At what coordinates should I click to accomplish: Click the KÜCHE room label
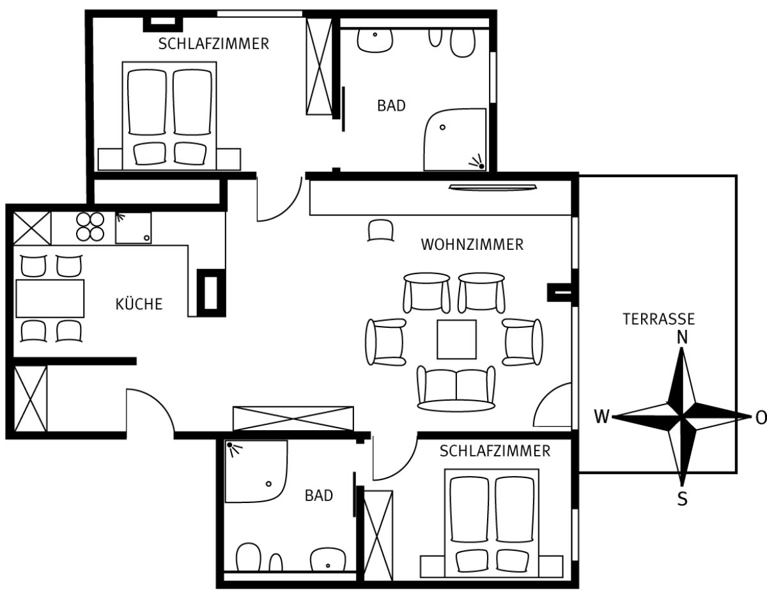(139, 304)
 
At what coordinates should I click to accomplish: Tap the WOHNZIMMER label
(472, 245)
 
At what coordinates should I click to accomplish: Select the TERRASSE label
(658, 319)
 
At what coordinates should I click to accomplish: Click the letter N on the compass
(682, 337)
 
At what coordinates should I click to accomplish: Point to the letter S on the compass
(682, 499)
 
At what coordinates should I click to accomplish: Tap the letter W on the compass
(601, 417)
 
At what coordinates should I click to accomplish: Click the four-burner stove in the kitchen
(90, 227)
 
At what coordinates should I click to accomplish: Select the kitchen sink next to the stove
(134, 228)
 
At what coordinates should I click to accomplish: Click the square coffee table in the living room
(456, 339)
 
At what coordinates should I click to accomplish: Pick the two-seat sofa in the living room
(456, 389)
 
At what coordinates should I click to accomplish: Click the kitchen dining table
(50, 298)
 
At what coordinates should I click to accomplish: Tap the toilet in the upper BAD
(463, 43)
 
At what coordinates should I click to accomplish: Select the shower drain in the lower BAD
(268, 484)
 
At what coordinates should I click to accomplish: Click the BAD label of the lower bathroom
(319, 495)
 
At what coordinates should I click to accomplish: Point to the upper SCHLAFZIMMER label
(213, 44)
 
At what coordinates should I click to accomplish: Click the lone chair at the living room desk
(381, 230)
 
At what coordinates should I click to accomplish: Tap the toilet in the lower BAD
(249, 557)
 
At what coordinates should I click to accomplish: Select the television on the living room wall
(493, 187)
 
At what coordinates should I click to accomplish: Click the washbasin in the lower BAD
(328, 560)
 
